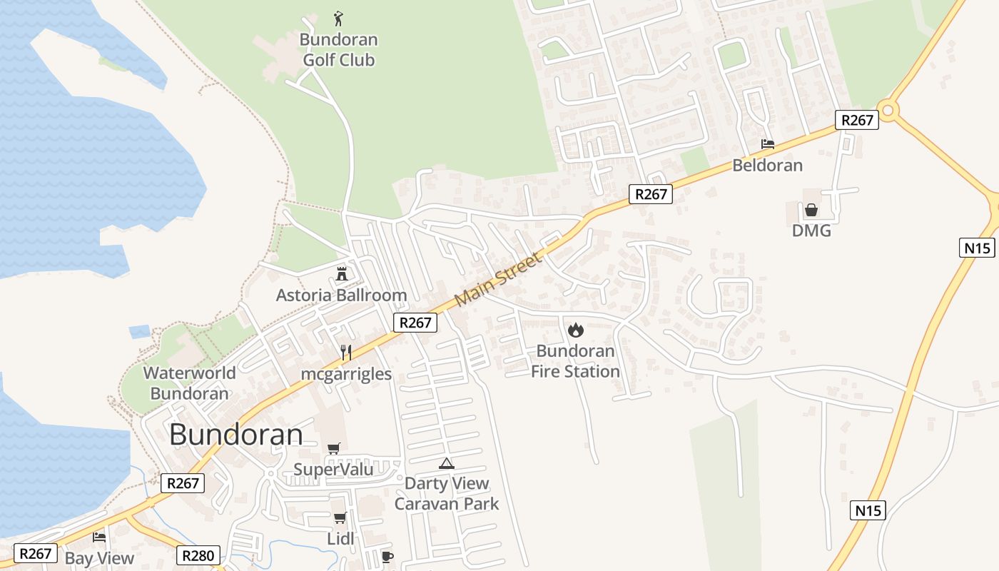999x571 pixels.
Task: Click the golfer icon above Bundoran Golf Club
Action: point(338,19)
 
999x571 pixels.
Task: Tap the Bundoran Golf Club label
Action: point(338,50)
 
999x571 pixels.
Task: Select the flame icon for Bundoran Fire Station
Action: point(575,330)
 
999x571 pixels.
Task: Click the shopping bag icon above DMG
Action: point(811,210)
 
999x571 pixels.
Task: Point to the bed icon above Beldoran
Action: point(767,144)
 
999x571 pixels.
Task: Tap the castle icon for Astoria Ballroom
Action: point(342,273)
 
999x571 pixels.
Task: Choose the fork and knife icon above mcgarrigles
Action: point(346,352)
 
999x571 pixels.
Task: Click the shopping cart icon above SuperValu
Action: point(333,448)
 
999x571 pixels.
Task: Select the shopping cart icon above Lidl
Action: point(340,517)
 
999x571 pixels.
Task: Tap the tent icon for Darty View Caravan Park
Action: point(446,463)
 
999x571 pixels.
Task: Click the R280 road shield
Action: point(198,555)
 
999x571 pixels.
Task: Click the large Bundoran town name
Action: point(236,435)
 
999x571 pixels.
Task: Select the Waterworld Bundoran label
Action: point(189,383)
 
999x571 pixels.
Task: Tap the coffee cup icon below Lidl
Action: point(387,557)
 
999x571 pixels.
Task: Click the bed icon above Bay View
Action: point(99,537)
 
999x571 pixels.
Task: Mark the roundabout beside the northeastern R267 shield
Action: point(887,110)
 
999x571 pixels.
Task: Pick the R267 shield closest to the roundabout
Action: point(857,120)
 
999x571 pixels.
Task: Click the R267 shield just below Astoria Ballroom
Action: point(415,323)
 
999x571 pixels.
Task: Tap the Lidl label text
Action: point(340,539)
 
